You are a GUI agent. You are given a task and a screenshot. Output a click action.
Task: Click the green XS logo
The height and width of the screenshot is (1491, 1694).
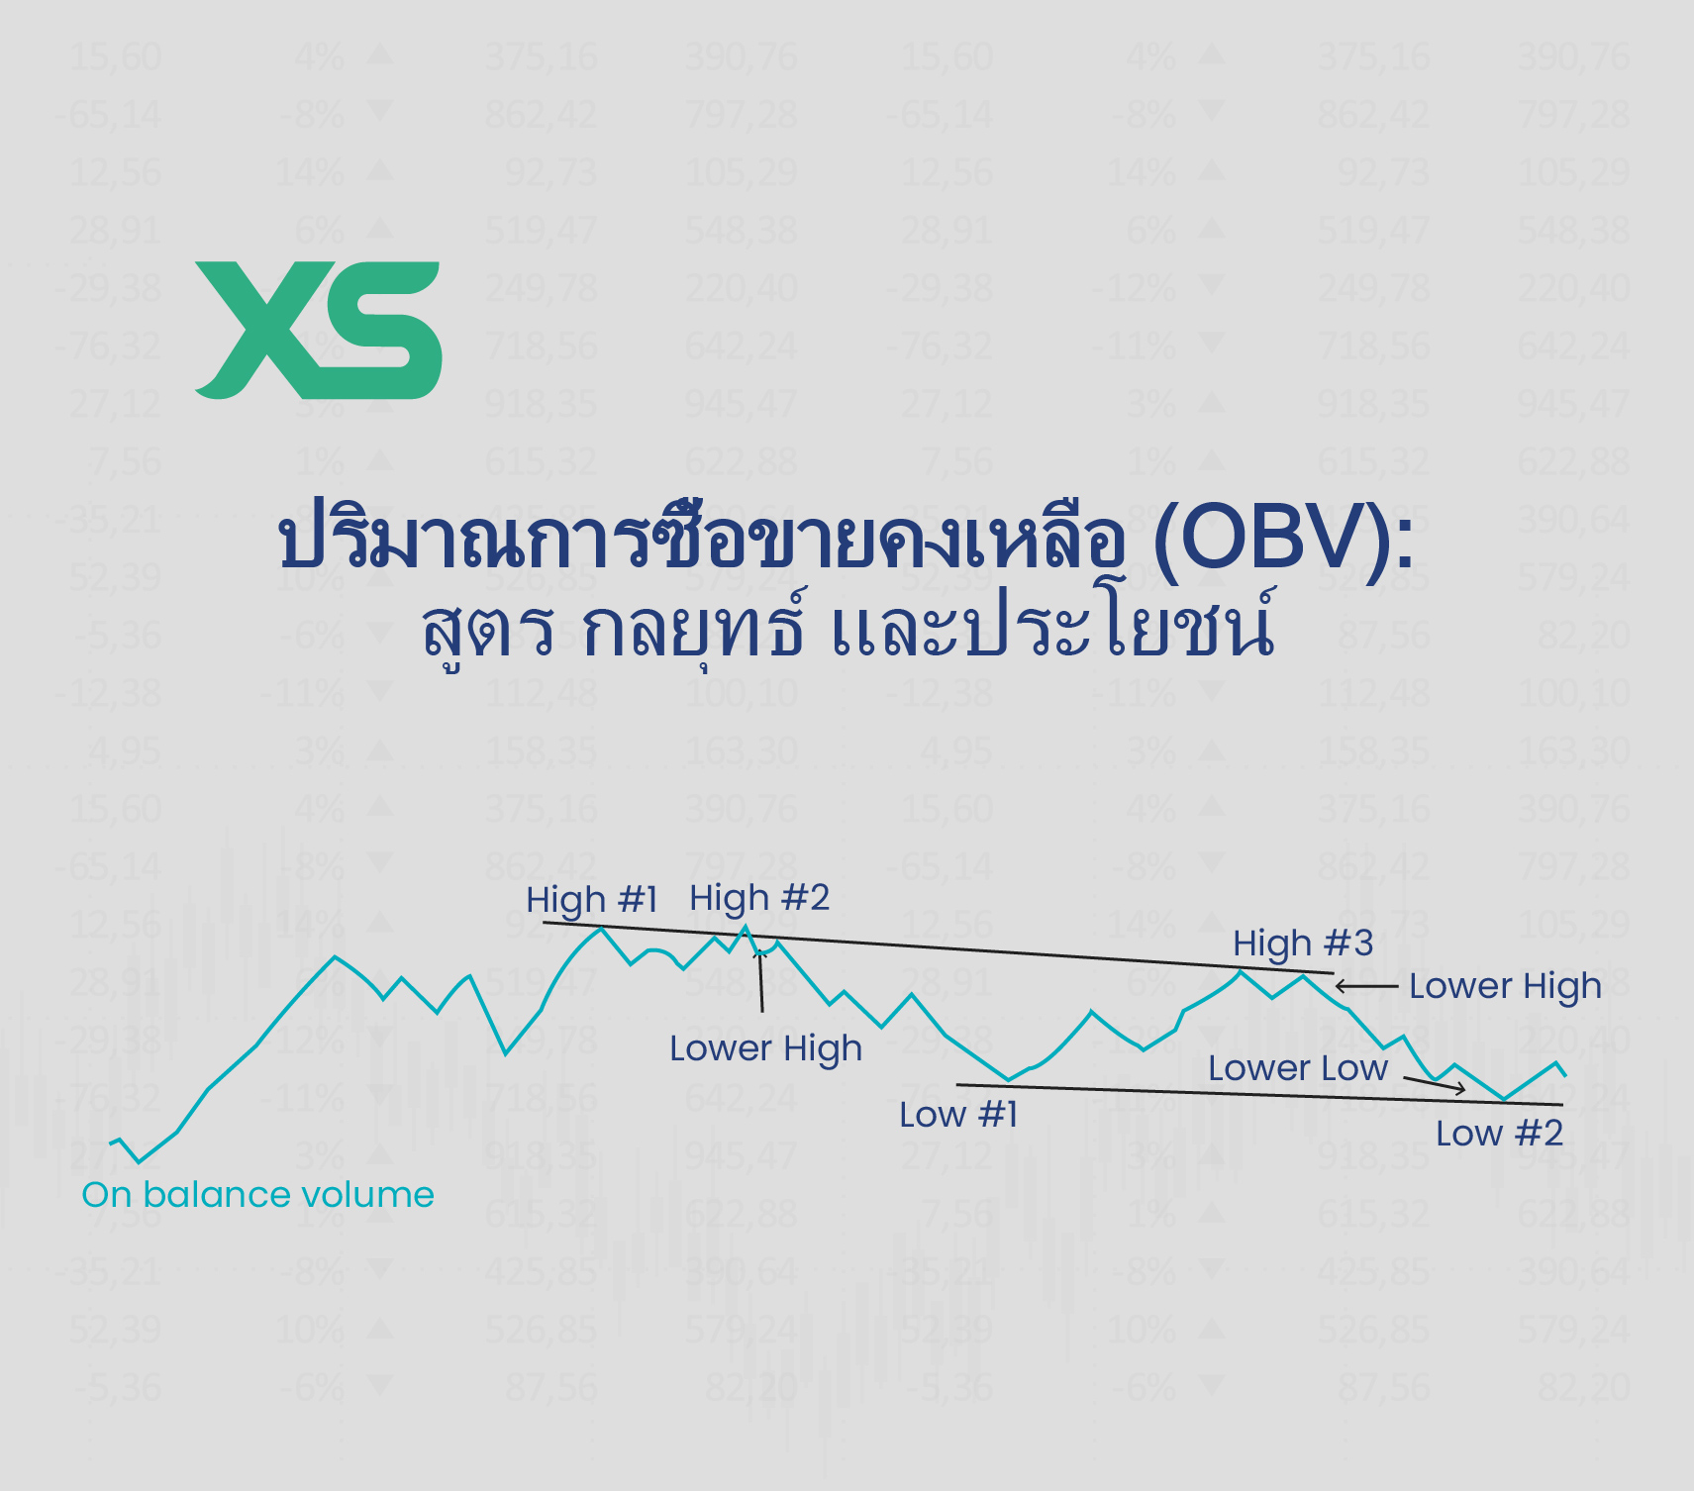[318, 330]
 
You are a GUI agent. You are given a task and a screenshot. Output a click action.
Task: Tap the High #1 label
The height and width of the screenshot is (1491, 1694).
[591, 900]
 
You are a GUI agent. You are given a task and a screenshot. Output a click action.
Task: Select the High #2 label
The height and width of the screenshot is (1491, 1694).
[759, 898]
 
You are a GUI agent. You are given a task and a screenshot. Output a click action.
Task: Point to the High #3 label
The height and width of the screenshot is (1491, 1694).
[1303, 944]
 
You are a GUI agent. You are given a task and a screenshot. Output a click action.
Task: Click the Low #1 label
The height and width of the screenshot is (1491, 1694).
[957, 1115]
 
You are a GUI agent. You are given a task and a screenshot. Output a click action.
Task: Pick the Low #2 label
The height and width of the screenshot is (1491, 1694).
[1499, 1134]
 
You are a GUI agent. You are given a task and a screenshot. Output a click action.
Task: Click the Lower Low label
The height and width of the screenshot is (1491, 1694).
[1297, 1068]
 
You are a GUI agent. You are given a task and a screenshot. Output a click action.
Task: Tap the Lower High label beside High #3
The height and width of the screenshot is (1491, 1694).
[1504, 986]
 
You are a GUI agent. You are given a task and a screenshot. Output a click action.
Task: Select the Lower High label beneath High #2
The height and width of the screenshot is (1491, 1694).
[765, 1048]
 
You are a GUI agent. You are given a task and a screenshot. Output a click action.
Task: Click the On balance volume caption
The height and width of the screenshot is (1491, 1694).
[257, 1195]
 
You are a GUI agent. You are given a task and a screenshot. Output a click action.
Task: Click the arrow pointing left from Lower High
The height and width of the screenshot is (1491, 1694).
[1365, 986]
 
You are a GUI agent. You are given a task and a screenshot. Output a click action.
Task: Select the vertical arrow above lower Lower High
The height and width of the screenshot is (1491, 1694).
[760, 980]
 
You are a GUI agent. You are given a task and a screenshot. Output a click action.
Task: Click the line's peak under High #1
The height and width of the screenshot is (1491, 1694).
[600, 928]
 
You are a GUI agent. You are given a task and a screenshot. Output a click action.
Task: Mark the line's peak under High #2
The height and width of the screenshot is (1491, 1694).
[746, 927]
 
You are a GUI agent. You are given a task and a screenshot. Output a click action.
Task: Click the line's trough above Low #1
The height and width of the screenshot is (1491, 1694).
[1008, 1080]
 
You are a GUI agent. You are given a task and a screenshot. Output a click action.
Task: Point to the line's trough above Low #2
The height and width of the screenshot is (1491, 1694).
[1504, 1099]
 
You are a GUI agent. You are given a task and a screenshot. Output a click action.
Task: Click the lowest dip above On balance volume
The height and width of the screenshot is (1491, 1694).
[140, 1162]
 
